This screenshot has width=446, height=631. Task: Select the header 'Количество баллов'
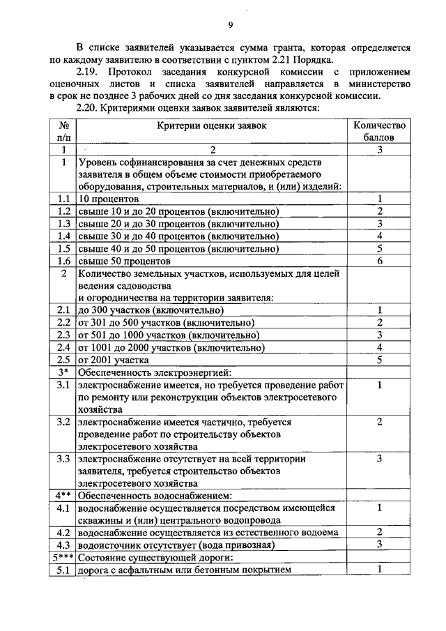(379, 132)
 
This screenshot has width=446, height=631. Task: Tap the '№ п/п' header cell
(63, 132)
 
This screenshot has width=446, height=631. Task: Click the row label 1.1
(63, 199)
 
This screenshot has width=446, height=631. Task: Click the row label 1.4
(63, 236)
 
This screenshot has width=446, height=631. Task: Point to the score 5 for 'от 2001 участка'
(380, 360)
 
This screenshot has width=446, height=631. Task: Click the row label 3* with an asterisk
(63, 372)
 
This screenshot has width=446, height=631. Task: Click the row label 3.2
(63, 422)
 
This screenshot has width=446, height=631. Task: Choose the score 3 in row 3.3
(380, 459)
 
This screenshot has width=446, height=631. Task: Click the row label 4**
(63, 496)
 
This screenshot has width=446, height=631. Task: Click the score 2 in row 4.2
(380, 532)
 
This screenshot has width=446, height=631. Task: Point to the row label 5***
(63, 557)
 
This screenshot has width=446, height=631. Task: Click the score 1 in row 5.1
(380, 570)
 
